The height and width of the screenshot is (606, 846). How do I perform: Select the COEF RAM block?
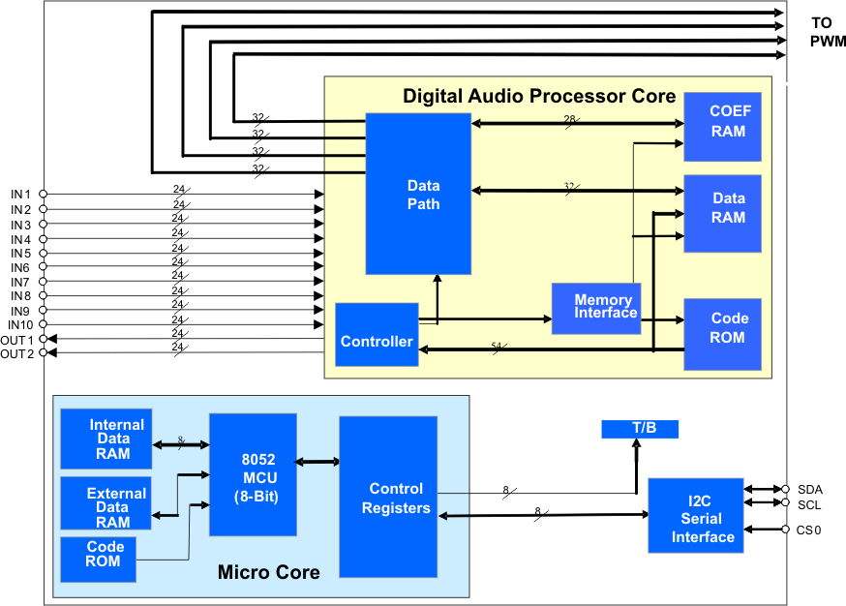click(722, 126)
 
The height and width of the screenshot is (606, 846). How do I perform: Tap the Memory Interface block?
click(596, 308)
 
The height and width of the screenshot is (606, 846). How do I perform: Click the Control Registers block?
click(387, 498)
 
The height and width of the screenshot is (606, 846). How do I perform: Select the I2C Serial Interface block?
click(695, 516)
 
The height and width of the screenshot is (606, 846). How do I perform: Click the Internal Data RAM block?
click(106, 439)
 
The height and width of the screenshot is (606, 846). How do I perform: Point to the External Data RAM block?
click(106, 506)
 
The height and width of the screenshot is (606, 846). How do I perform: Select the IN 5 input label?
click(21, 253)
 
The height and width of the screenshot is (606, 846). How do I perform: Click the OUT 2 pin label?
click(17, 353)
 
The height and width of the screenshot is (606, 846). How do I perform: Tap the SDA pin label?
click(810, 490)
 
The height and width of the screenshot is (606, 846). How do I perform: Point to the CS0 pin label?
click(810, 530)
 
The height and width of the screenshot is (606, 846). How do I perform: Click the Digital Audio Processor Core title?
click(539, 96)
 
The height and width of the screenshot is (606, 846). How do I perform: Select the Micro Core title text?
click(268, 572)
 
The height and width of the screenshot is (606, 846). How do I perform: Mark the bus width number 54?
click(498, 346)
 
